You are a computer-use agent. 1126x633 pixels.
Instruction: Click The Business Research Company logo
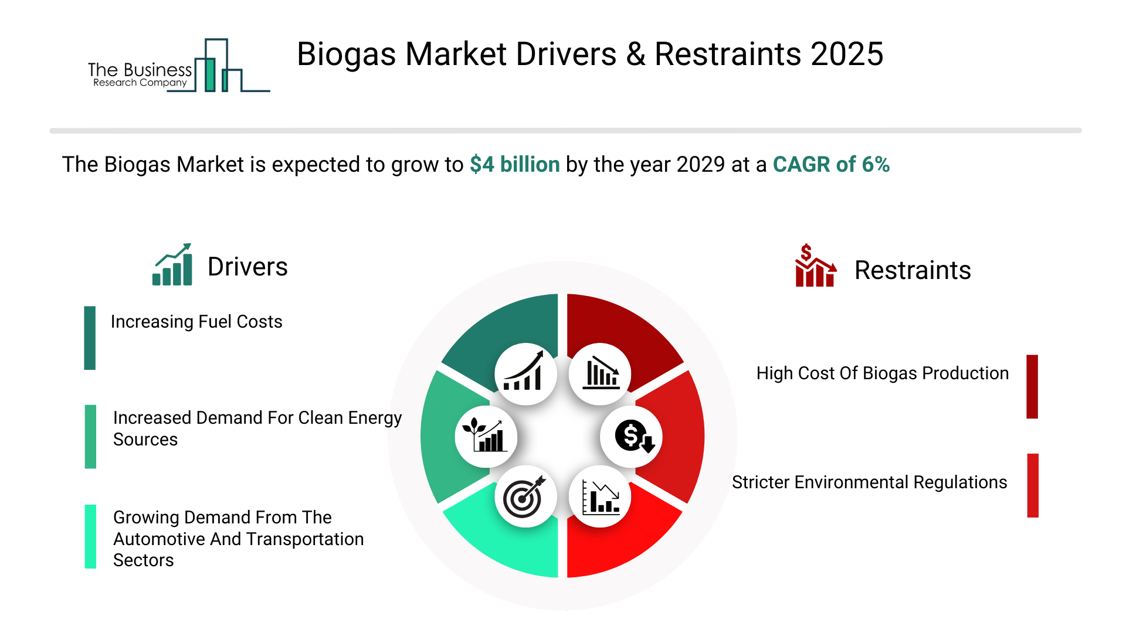[179, 66]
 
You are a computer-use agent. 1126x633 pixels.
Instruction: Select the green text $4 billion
[515, 165]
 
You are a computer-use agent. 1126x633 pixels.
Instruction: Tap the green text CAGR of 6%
[831, 165]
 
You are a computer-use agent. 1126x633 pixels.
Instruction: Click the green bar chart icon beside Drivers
[172, 264]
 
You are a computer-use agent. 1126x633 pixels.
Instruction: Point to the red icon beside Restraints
[815, 266]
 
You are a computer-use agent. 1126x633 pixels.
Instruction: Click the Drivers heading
[247, 267]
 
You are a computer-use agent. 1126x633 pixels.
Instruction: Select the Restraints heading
[913, 270]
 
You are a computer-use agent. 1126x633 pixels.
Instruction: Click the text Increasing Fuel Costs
[196, 322]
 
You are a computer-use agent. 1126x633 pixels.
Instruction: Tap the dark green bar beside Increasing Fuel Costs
[90, 338]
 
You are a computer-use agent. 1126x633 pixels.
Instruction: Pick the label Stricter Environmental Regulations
[869, 482]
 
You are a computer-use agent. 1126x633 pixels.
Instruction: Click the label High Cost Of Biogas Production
[883, 373]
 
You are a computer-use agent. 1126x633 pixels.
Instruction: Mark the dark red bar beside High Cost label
[1032, 386]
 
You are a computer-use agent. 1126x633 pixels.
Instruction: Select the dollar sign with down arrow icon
[632, 437]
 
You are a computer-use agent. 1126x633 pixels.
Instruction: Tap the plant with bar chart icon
[486, 437]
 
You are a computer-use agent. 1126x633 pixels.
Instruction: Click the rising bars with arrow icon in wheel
[525, 374]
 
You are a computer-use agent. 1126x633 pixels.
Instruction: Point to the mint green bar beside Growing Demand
[90, 536]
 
